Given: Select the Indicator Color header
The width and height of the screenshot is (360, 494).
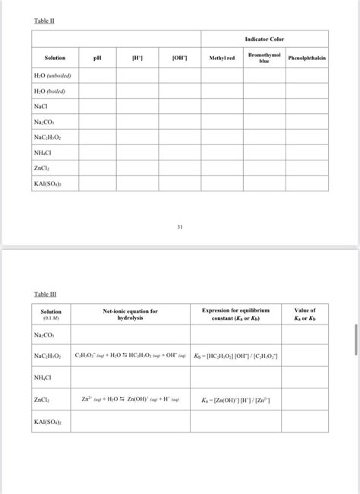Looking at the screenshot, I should coord(264,39).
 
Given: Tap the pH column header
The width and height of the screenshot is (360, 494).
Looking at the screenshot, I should coord(97,58).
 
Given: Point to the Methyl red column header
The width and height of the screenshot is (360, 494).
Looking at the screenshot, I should coord(222,58).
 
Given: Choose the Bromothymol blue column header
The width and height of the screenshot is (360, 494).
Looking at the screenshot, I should coord(264,58).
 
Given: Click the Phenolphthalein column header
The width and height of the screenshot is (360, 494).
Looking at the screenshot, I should coord(307,58).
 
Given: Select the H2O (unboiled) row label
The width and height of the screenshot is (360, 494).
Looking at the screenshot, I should coord(52,76).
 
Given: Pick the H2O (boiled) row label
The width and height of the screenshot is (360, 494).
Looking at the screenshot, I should coord(49,91).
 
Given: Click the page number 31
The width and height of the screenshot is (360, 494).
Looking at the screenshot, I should coord(181,226).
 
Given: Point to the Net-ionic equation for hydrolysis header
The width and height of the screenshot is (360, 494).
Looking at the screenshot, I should coord(130,315).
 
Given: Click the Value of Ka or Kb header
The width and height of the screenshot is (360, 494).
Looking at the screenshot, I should coord(305,315).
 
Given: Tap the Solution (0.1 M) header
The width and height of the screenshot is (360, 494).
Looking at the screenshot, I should coord(51,315).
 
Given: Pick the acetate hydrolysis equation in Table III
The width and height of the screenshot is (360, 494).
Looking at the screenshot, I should coord(130,356).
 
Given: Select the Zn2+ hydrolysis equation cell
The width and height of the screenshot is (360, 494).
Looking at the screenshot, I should coord(130,399).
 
